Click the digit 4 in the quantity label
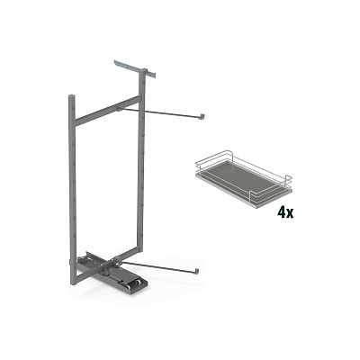coord(282,212)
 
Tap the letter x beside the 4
coord(290,214)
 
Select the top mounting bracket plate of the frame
coord(135,69)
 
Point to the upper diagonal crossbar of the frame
coord(107,111)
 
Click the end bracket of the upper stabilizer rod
coord(203,116)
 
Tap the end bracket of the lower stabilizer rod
coord(196,271)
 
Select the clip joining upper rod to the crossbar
coord(120,109)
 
